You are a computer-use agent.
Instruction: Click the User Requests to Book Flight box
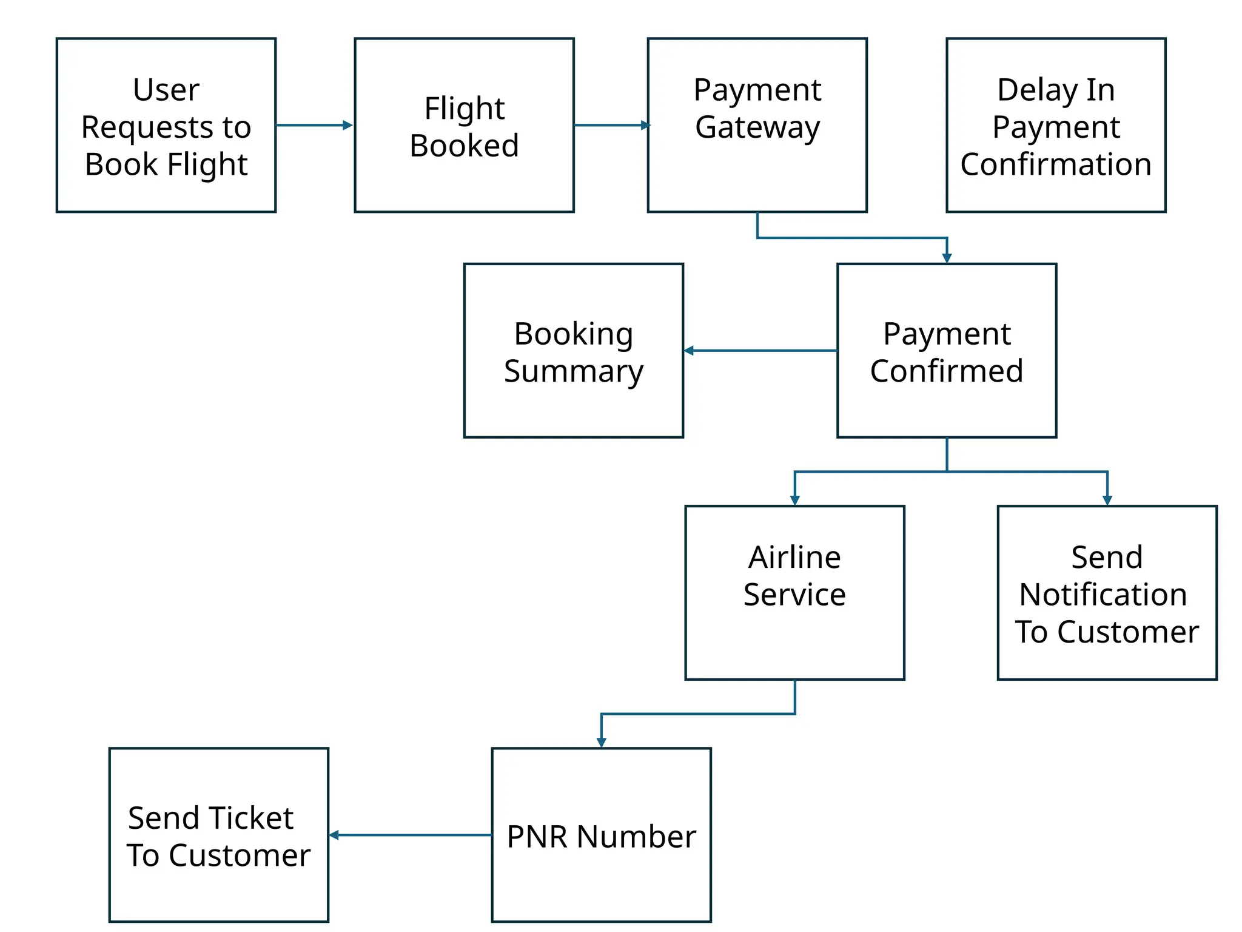pyautogui.click(x=166, y=126)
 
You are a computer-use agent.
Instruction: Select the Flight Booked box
pyautogui.click(x=464, y=126)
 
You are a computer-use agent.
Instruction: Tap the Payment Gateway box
pyautogui.click(x=757, y=126)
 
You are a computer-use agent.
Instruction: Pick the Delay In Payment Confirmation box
pyautogui.click(x=1055, y=126)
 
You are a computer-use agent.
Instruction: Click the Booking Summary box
pyautogui.click(x=573, y=351)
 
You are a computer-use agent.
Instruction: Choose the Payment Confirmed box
pyautogui.click(x=946, y=351)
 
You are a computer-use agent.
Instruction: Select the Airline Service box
pyautogui.click(x=794, y=593)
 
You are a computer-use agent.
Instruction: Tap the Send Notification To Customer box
pyautogui.click(x=1107, y=593)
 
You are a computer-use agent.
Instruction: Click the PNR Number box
pyautogui.click(x=601, y=835)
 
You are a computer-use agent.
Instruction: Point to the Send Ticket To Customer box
pyautogui.click(x=218, y=835)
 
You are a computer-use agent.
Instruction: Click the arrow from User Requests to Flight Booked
pyautogui.click(x=314, y=126)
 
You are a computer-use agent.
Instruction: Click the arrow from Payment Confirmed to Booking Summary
pyautogui.click(x=761, y=351)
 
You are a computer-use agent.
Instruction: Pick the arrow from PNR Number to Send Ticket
pyautogui.click(x=411, y=836)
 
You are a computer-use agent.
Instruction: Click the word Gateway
pyautogui.click(x=757, y=127)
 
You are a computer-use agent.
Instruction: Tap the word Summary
pyautogui.click(x=573, y=371)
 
